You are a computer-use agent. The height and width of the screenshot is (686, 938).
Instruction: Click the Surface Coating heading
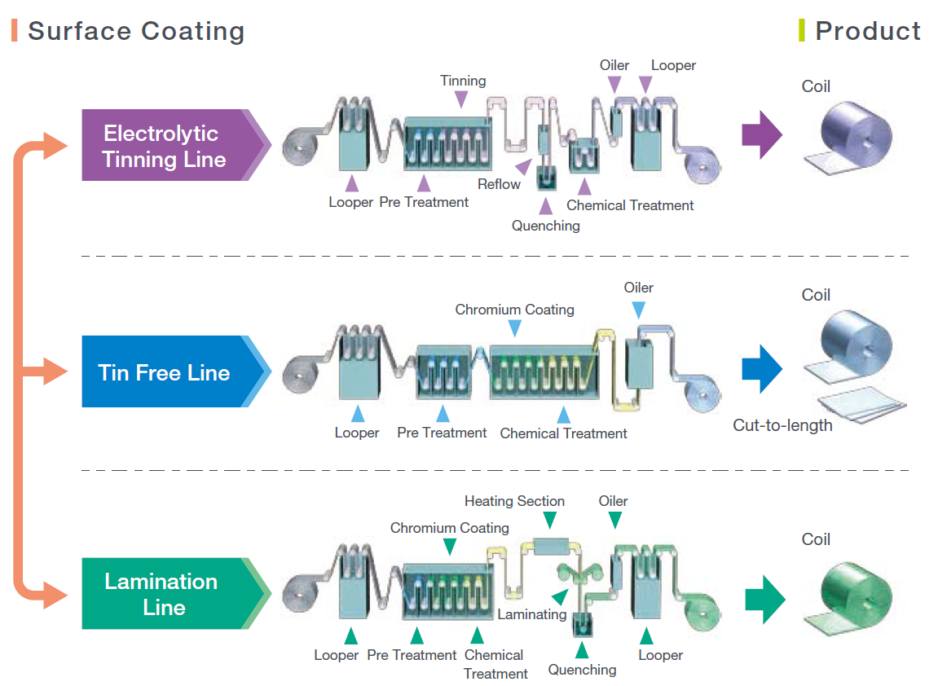(136, 32)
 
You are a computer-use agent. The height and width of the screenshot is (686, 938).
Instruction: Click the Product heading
(867, 32)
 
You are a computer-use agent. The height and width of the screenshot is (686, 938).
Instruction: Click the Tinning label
(463, 81)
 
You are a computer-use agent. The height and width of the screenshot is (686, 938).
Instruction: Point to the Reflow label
(499, 184)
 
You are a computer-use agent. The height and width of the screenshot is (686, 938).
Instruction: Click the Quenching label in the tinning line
(545, 226)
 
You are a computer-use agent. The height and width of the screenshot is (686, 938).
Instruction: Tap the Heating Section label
(514, 501)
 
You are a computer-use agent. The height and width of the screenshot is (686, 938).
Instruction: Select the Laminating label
(531, 614)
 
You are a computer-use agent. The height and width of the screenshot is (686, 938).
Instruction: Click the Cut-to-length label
(782, 425)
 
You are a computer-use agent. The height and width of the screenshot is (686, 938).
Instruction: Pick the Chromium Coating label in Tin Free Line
(514, 310)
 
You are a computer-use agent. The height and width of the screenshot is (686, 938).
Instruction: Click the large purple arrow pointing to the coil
(761, 134)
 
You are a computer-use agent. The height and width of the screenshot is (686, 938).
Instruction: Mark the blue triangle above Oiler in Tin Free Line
(638, 310)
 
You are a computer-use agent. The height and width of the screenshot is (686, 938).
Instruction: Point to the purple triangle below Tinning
(461, 99)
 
